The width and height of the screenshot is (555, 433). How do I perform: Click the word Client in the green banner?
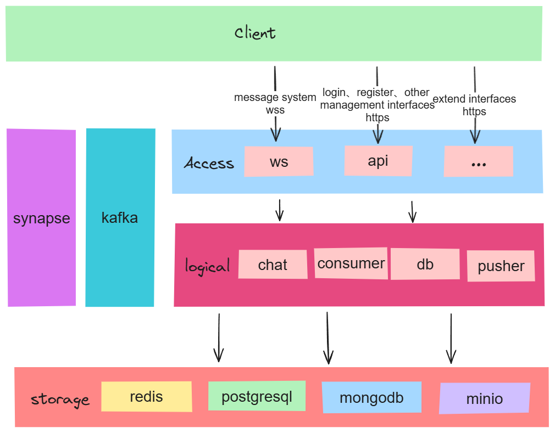click(255, 33)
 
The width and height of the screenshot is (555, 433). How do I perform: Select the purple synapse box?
click(42, 218)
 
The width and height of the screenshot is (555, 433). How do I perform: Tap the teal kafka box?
click(120, 218)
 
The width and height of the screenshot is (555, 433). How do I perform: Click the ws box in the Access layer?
click(279, 161)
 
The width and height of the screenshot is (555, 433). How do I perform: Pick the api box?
click(378, 160)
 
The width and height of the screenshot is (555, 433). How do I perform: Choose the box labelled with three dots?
click(478, 161)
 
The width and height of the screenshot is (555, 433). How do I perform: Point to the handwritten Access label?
click(209, 163)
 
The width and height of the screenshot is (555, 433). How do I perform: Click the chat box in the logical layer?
click(273, 265)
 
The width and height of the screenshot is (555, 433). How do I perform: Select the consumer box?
click(351, 263)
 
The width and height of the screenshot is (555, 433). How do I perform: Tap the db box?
click(425, 264)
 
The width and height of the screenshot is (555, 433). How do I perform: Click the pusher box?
click(501, 266)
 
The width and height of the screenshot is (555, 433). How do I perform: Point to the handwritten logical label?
click(207, 267)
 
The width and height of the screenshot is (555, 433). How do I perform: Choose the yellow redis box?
click(147, 396)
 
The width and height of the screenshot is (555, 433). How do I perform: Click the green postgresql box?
click(257, 396)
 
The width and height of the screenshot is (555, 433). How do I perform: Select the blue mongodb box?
click(371, 397)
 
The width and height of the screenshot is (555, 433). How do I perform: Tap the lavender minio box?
click(485, 398)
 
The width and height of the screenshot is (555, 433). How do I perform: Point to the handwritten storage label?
click(60, 399)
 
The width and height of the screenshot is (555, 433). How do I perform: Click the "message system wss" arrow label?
click(275, 103)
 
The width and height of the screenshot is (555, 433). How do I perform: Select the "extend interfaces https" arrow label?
click(475, 105)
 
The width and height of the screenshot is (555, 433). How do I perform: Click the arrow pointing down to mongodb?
click(328, 338)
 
